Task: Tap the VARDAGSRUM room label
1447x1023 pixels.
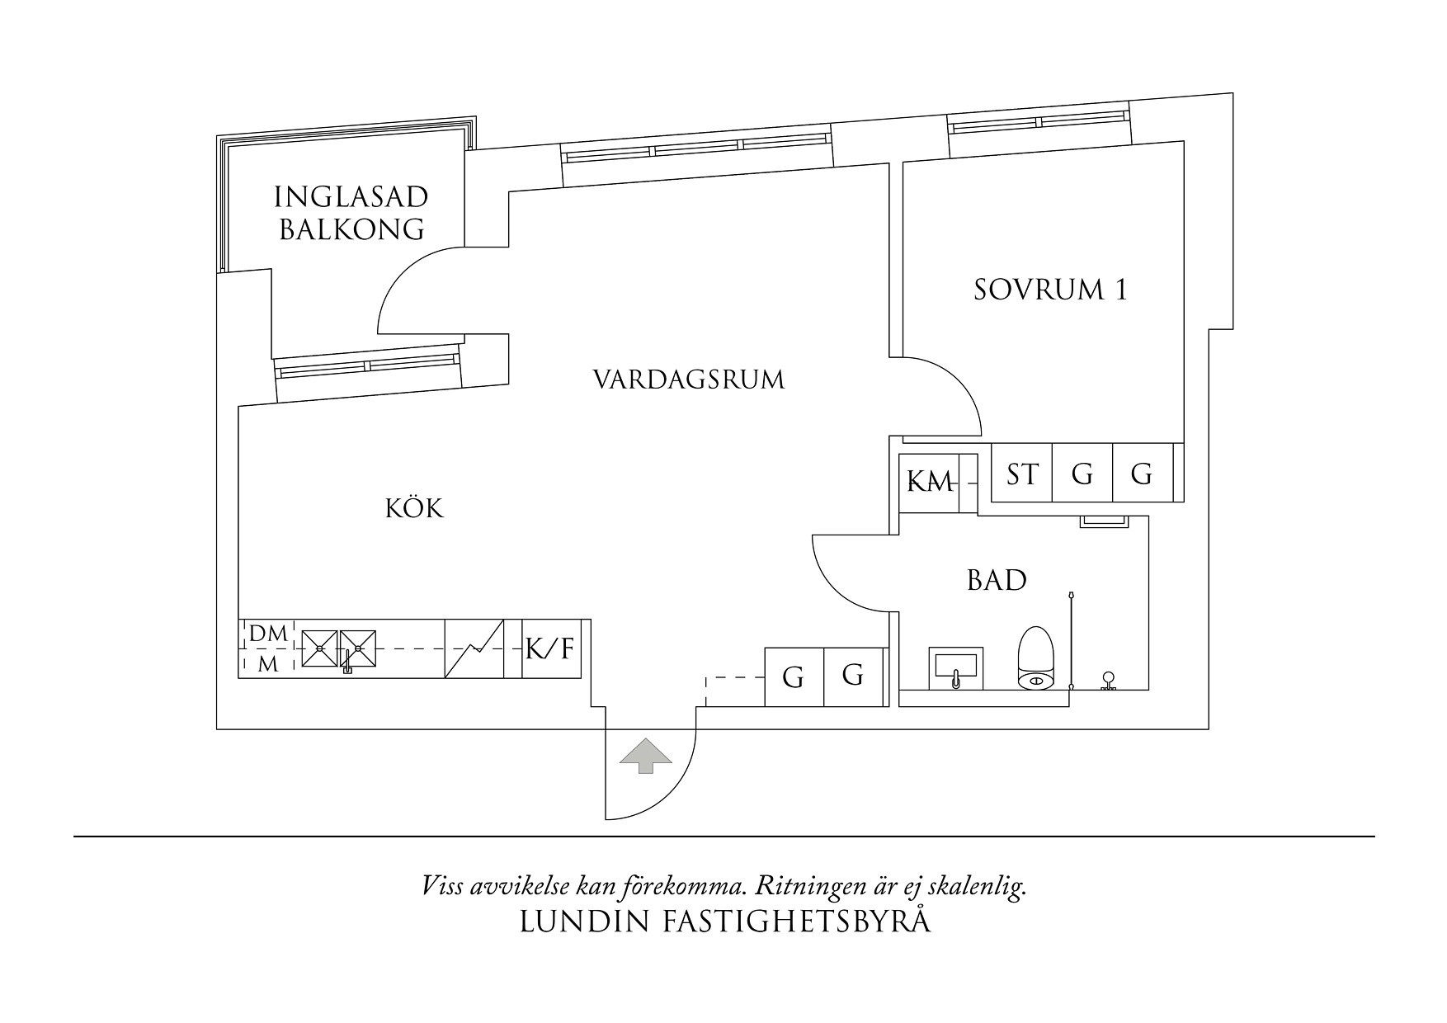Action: coord(689,380)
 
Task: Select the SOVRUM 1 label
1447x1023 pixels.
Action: coord(1049,290)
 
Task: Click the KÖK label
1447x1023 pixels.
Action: coord(414,508)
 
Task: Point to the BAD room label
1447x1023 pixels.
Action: coord(997,581)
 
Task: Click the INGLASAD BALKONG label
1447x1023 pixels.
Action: coord(351,213)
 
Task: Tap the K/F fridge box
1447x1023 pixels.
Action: coord(550,649)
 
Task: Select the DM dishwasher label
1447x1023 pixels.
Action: coord(268,634)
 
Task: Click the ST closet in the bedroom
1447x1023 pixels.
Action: coord(1022,474)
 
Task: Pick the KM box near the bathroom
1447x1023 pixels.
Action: coord(930,482)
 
